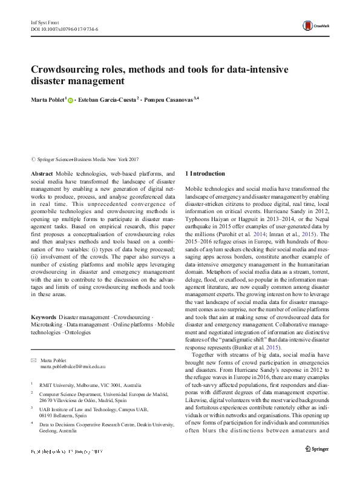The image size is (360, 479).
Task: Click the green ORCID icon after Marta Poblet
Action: point(70,101)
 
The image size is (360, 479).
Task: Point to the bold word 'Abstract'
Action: point(42,173)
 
